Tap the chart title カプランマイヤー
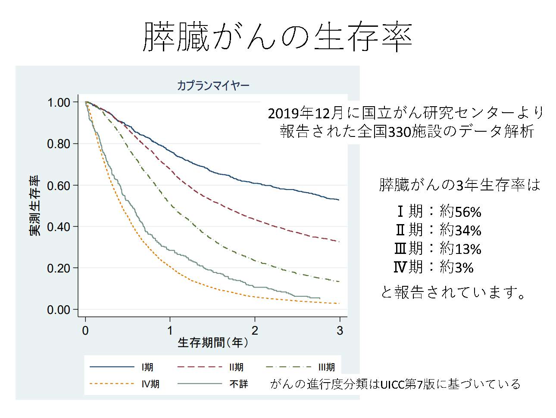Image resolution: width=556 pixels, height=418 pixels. tap(213, 85)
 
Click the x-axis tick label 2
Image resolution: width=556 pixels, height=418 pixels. tap(255, 331)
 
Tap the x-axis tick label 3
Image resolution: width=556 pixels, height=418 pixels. tap(340, 331)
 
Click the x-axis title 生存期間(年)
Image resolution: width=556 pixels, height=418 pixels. tap(213, 343)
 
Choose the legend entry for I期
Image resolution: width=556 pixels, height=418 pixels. tap(147, 367)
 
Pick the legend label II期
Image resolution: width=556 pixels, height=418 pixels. tap(236, 367)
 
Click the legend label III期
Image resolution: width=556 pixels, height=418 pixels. tap(326, 367)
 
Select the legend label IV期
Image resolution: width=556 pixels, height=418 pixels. tap(150, 384)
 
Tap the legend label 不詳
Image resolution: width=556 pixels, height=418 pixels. tap(238, 384)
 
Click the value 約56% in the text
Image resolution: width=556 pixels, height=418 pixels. tap(460, 212)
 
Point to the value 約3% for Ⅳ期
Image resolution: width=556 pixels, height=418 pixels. tap(456, 268)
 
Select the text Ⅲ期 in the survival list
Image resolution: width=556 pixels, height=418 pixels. tap(409, 249)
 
